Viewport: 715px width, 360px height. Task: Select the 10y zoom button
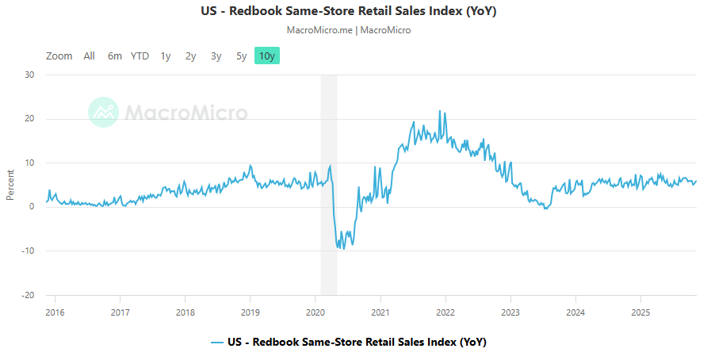pos(267,56)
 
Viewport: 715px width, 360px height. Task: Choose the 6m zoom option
pos(115,56)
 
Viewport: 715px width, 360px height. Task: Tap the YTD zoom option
pos(140,56)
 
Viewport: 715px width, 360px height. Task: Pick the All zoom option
pos(90,56)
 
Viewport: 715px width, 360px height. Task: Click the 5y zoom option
pos(241,56)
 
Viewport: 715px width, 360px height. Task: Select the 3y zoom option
pos(216,56)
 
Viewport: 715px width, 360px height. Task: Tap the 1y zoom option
pos(166,56)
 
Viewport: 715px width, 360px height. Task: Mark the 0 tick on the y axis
pos(31,207)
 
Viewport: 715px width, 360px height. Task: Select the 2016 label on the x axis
pos(55,311)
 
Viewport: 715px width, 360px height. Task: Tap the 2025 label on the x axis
pos(640,311)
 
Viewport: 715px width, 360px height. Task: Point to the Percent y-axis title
pos(10,185)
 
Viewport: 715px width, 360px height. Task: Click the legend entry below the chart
pos(349,343)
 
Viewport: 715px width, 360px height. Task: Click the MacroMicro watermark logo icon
pos(104,113)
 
